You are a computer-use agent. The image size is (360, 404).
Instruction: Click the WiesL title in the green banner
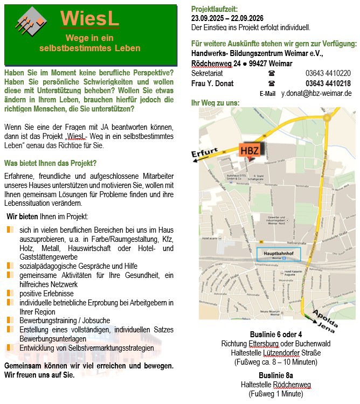pyautogui.click(x=89, y=19)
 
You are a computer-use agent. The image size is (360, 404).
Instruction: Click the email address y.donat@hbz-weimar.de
pyautogui.click(x=316, y=93)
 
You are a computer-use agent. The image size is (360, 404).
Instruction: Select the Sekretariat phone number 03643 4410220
pyautogui.click(x=328, y=73)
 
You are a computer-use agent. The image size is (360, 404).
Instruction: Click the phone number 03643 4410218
pyautogui.click(x=328, y=83)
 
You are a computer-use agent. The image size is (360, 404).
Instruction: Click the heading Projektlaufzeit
pyautogui.click(x=214, y=9)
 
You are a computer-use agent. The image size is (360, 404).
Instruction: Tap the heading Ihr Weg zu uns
pyautogui.click(x=215, y=103)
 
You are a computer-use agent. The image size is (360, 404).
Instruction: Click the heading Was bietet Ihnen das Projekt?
pyautogui.click(x=50, y=163)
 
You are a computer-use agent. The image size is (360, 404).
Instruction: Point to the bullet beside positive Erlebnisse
pyautogui.click(x=9, y=294)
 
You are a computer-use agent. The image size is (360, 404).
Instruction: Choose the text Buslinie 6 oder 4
pyautogui.click(x=276, y=335)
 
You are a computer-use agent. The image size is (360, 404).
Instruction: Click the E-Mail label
pyautogui.click(x=267, y=94)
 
